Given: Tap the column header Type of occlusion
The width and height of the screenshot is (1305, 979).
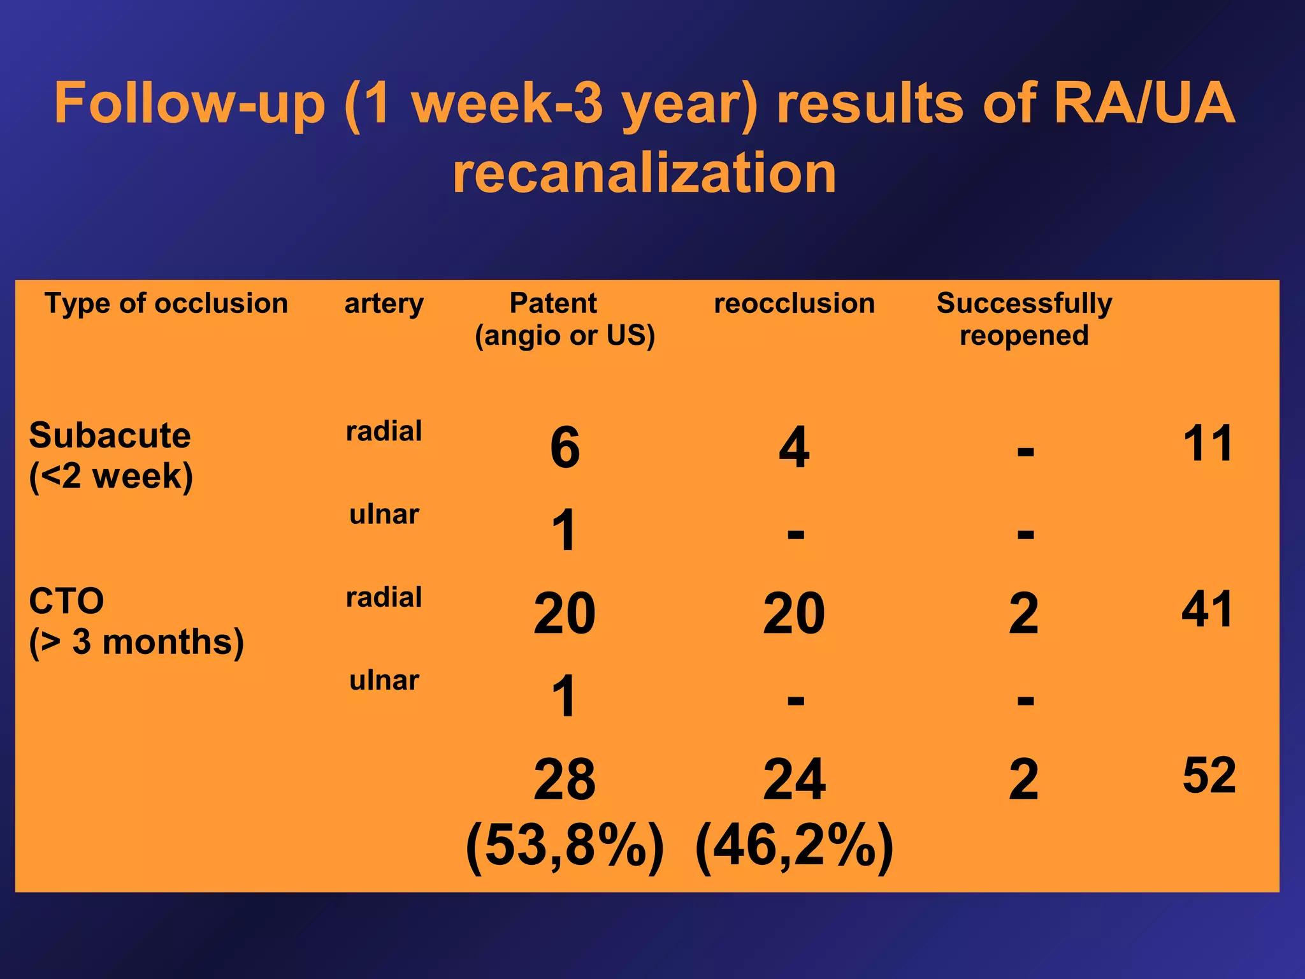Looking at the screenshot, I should [166, 303].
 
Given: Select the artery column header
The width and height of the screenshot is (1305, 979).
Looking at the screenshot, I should [384, 303].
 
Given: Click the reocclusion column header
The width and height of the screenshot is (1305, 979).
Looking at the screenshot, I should [794, 303].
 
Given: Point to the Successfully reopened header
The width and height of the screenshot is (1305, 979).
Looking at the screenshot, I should [1024, 319].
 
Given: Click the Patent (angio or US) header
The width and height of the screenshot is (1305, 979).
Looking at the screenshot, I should [565, 319].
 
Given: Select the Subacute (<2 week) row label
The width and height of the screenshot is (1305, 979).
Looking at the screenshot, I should [110, 455].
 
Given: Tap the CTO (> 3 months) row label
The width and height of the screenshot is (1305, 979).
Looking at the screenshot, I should [136, 621].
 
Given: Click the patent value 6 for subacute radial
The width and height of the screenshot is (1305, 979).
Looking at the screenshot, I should [565, 447].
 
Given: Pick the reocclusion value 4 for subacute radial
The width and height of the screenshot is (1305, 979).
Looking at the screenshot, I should [794, 447].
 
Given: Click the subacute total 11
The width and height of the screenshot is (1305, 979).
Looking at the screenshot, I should [1208, 443].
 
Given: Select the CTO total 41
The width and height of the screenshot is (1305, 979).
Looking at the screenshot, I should [1207, 609].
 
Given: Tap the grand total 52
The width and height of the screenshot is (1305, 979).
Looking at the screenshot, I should [1209, 775].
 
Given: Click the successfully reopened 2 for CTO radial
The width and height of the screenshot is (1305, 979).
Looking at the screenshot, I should [1023, 613].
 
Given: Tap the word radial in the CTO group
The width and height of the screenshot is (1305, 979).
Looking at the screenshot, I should [384, 597].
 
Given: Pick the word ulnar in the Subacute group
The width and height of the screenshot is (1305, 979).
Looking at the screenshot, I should [384, 514].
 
